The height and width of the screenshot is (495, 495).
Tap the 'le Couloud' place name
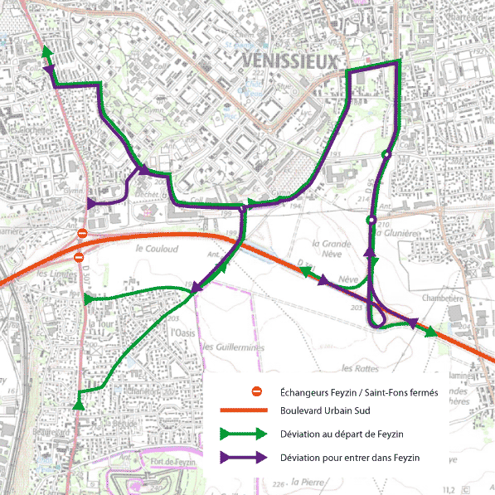click(x=154, y=247)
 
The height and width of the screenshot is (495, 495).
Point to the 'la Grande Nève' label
click(x=330, y=250)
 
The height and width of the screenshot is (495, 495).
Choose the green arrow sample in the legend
click(x=242, y=434)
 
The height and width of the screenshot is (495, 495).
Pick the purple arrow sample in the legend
click(x=242, y=457)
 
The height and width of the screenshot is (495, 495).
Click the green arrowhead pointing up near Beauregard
click(x=79, y=404)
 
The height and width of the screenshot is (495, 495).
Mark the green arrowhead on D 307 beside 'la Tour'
click(x=89, y=299)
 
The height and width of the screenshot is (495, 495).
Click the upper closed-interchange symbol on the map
click(x=81, y=235)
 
